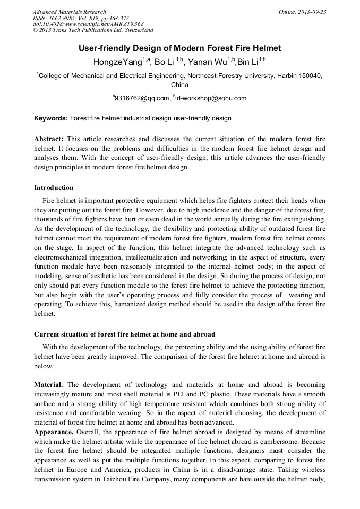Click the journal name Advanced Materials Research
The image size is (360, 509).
pyautogui.click(x=70, y=12)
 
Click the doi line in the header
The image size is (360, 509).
pyautogui.click(x=88, y=24)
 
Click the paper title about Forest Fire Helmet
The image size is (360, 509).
pyautogui.click(x=179, y=48)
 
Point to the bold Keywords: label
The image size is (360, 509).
pyautogui.click(x=51, y=118)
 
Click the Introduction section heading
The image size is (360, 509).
pyautogui.click(x=54, y=188)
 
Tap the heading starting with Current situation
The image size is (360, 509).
pyautogui.click(x=124, y=334)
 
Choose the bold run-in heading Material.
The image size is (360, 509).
pyautogui.click(x=49, y=384)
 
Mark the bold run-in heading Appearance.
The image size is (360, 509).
pyautogui.click(x=54, y=432)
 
